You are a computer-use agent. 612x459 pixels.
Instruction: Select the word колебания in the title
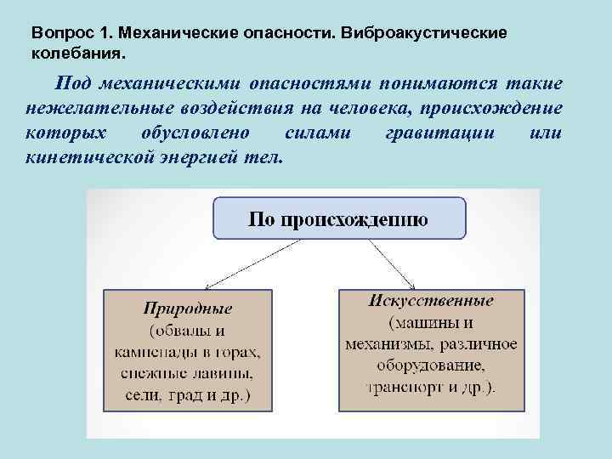74,53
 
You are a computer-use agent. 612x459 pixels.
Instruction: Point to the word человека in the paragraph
320,110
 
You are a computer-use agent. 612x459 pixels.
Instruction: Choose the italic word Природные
187,309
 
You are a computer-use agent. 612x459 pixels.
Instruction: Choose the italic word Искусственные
431,302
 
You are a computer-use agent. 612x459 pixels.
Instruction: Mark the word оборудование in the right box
429,365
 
